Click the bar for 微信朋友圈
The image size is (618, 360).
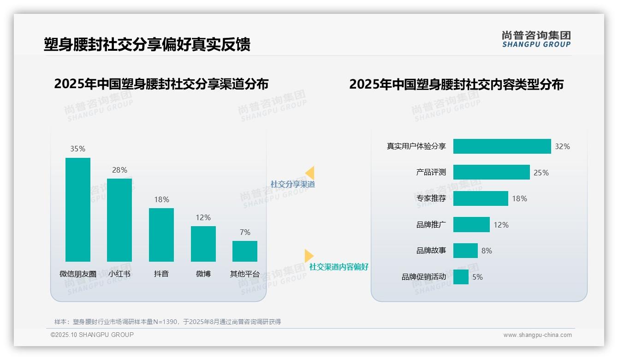coord(78,210)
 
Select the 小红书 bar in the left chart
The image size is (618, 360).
coord(119,220)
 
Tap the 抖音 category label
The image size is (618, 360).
coord(161,274)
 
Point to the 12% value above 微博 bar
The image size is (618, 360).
coord(203,217)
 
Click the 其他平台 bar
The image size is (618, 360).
coord(245,251)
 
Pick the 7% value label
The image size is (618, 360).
coord(245,232)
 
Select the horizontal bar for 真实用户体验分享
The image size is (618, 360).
coord(502,146)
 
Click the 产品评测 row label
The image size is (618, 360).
coord(431,172)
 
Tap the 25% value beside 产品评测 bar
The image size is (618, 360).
coord(541,173)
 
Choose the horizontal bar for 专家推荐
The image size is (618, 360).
coord(481,198)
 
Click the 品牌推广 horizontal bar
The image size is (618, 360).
coord(471,225)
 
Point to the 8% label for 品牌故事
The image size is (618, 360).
coord(487,251)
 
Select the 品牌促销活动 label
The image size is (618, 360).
coord(423,277)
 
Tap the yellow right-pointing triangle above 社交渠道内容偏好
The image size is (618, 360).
coord(309,256)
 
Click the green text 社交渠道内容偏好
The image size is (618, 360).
coord(339,267)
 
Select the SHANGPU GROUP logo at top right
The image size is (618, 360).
coord(536,39)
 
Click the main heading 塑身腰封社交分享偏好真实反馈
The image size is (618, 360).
coord(147,45)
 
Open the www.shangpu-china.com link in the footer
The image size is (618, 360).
coord(537,335)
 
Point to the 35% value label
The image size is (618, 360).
coord(77,149)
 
